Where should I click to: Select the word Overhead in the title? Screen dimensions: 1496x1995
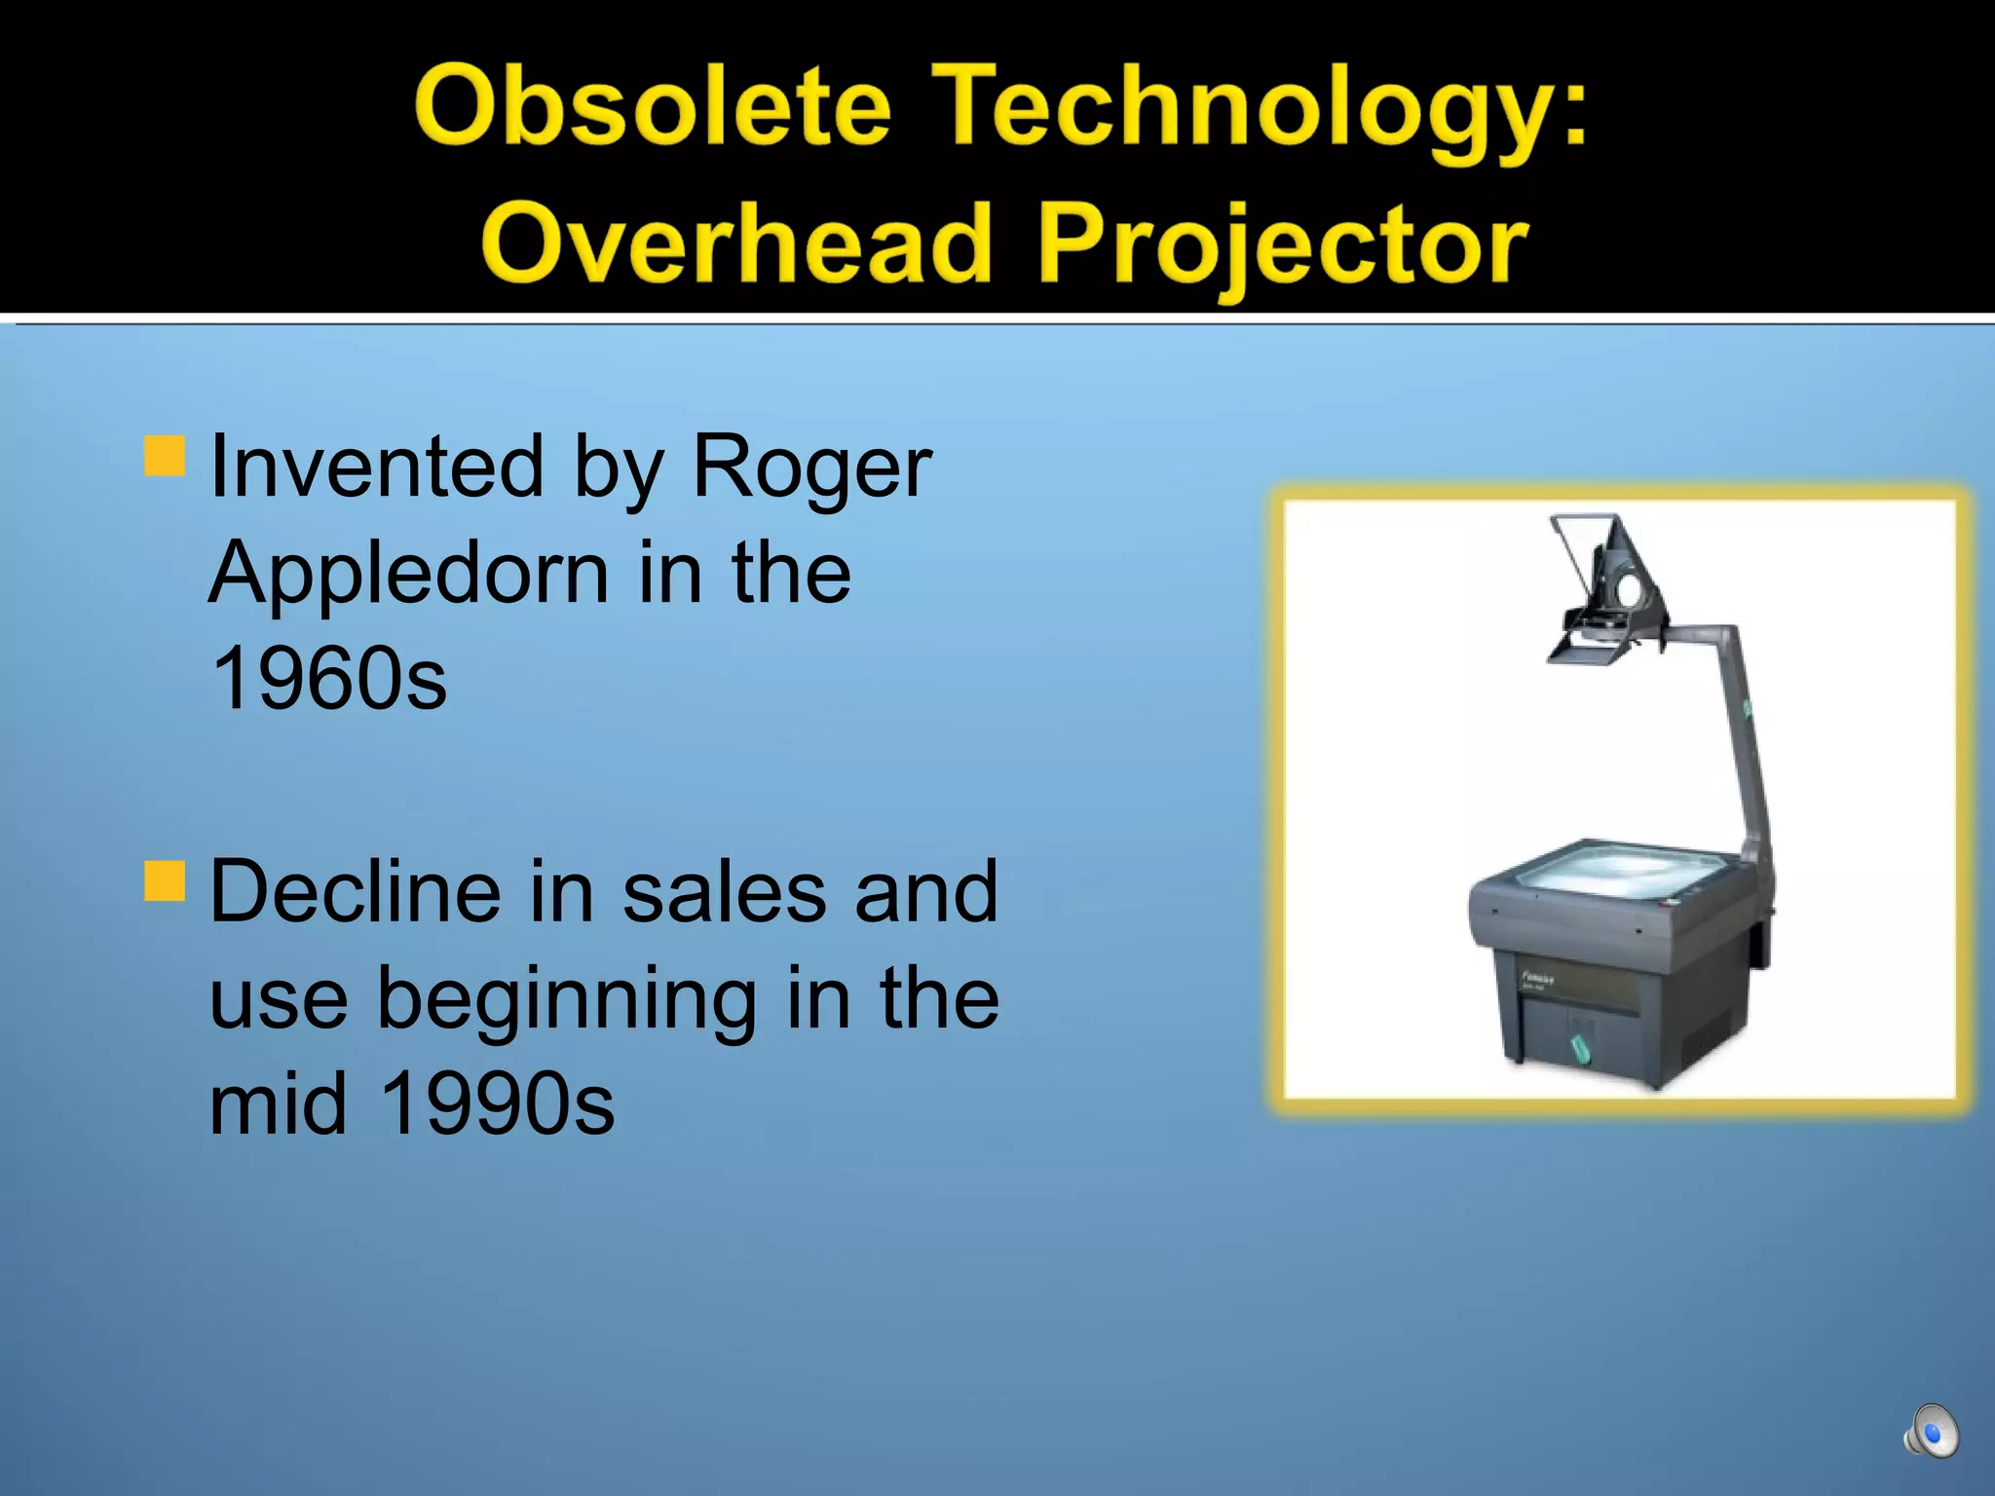735,243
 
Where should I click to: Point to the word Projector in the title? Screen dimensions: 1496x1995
1283,245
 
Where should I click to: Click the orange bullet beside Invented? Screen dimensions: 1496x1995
165,456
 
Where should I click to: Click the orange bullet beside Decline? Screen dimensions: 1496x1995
165,880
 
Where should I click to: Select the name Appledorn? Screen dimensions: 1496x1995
408,575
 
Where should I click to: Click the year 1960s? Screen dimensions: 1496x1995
328,679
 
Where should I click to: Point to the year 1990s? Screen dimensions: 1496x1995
497,1104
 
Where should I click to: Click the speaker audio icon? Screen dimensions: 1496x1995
1931,1432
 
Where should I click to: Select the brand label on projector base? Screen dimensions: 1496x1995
1538,979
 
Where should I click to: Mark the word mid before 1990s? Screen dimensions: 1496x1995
279,1104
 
